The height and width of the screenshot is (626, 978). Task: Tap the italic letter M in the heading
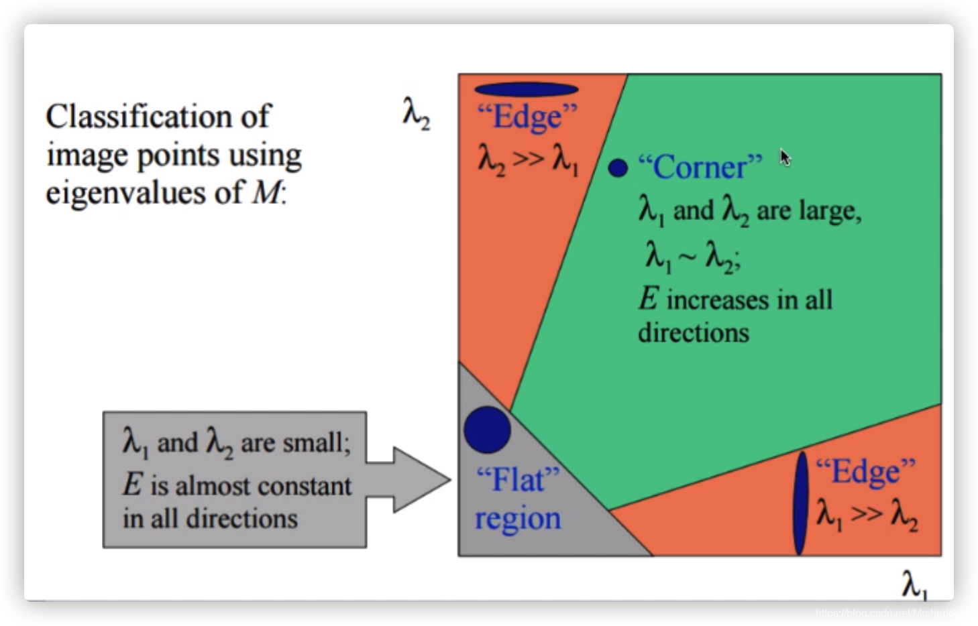[x=267, y=193]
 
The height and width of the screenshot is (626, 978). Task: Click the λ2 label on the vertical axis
[x=416, y=112]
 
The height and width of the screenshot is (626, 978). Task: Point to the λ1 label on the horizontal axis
[x=914, y=584]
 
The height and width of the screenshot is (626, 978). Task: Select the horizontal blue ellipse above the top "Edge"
[x=526, y=89]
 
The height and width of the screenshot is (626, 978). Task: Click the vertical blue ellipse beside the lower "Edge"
[x=800, y=503]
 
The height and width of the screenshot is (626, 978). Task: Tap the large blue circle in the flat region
[x=487, y=430]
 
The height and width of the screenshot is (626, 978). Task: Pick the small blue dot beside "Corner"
[x=618, y=168]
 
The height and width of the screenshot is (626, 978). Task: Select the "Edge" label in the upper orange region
[x=527, y=117]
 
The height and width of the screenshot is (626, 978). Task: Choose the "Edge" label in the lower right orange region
[x=866, y=471]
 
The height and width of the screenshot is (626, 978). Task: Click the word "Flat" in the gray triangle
[x=517, y=480]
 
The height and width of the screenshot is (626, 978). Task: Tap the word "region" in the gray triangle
[x=517, y=519]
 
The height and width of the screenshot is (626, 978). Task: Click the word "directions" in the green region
[x=693, y=332]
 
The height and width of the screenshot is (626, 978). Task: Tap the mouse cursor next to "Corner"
[x=785, y=158]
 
